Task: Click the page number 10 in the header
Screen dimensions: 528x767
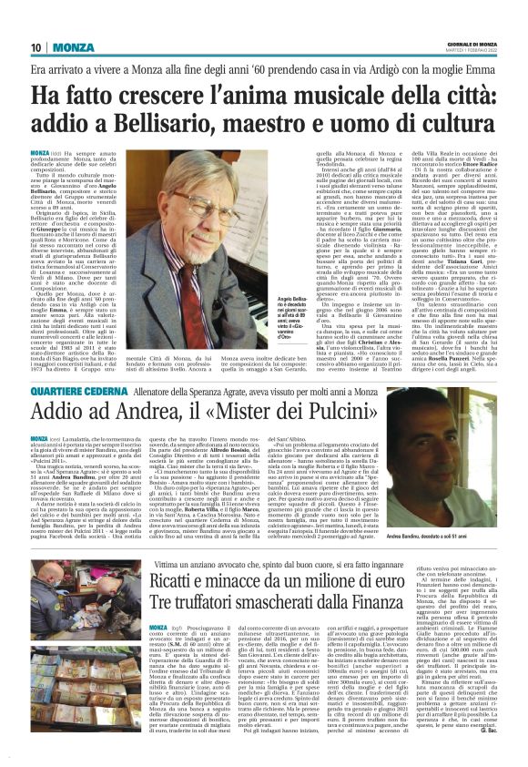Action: tap(36, 46)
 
